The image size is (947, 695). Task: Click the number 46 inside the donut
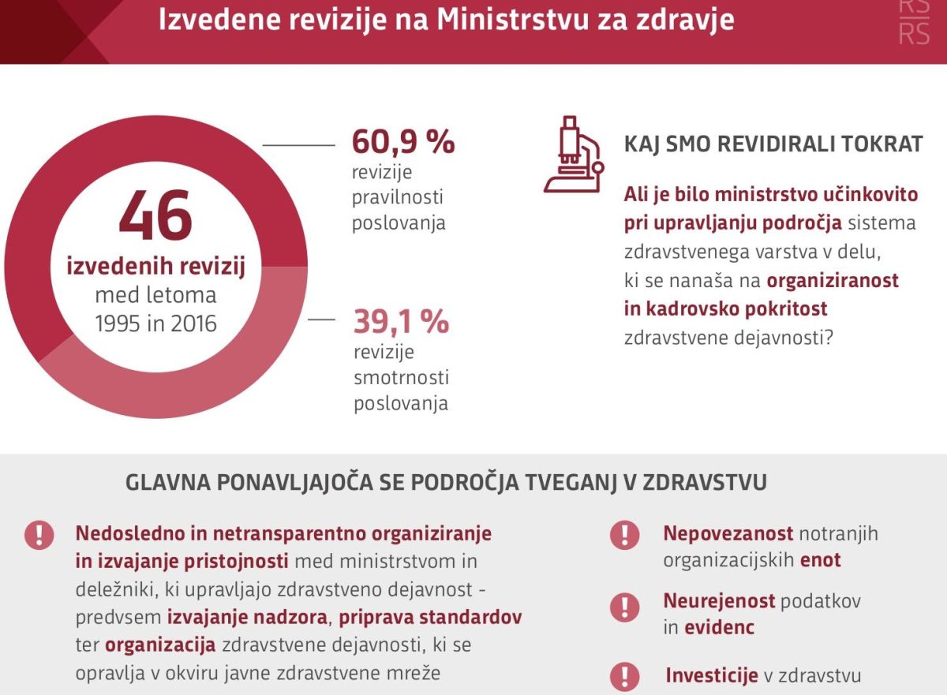[x=156, y=215]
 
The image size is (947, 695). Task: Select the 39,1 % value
[x=401, y=321]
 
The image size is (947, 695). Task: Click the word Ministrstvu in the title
[x=526, y=19]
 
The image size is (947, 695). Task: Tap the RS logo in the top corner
[x=914, y=24]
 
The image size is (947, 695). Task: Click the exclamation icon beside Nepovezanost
[x=624, y=536]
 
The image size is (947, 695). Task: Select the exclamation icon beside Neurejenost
[x=624, y=607]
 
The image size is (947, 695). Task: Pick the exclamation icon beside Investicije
[x=624, y=676]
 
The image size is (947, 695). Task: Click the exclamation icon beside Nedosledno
[x=39, y=535]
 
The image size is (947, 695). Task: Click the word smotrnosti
[x=402, y=378]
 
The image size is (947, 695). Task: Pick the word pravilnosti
[x=399, y=197]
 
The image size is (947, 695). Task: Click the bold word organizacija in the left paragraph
[x=160, y=645]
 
